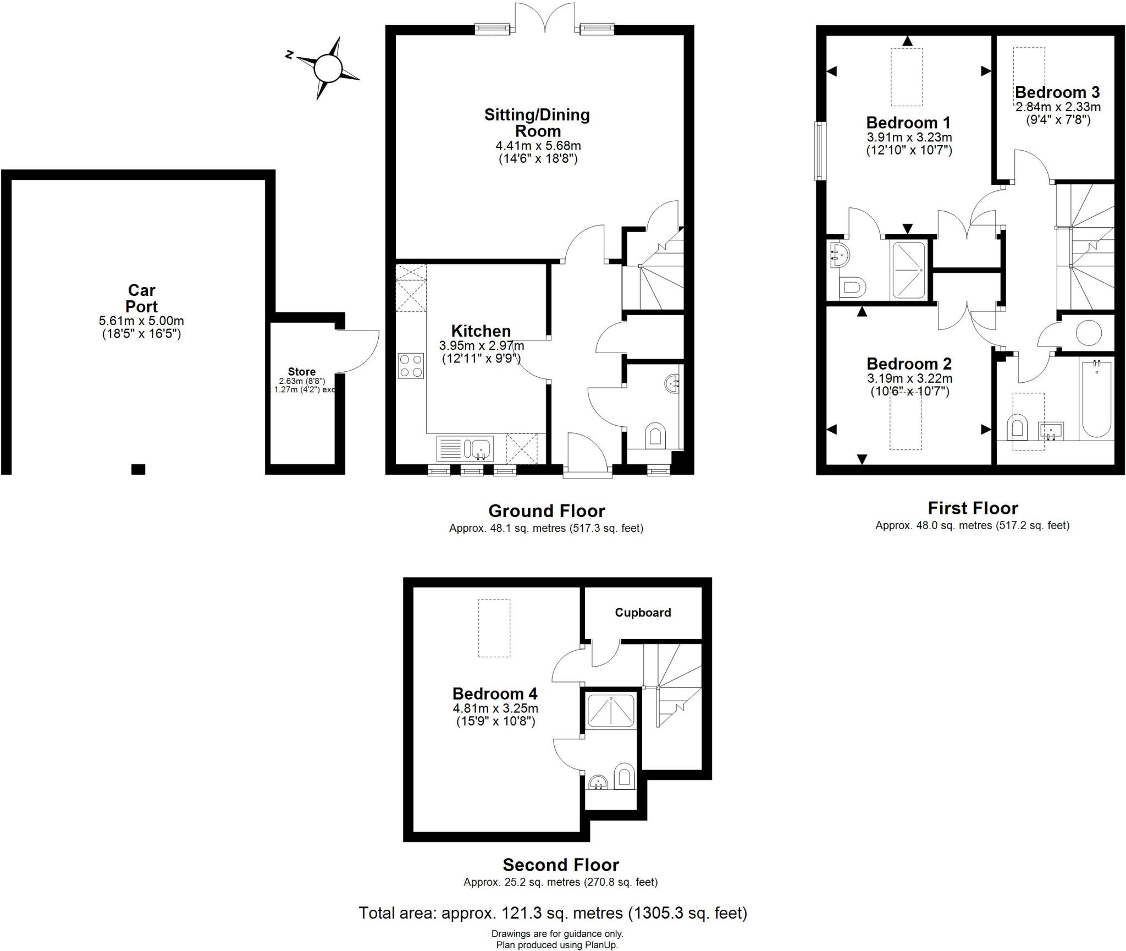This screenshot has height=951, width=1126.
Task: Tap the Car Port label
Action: tap(142, 298)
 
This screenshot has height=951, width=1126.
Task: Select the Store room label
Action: tap(301, 372)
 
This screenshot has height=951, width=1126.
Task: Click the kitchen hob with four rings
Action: tap(411, 366)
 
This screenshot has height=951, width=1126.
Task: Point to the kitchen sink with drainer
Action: tap(465, 448)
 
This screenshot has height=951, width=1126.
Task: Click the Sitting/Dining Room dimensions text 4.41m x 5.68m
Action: tap(538, 146)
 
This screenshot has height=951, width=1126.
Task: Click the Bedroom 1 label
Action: tap(908, 122)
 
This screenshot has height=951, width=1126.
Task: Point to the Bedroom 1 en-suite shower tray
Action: tap(909, 271)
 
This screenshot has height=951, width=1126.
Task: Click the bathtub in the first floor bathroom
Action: tap(1096, 399)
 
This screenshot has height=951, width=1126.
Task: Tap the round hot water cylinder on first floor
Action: tap(1089, 332)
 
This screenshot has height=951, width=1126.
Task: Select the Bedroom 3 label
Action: tap(1057, 92)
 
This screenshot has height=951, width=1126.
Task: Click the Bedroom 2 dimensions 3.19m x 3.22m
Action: tap(909, 378)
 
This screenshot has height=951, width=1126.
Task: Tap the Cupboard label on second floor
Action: tap(643, 613)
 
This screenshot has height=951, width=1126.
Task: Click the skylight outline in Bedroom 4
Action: tap(494, 628)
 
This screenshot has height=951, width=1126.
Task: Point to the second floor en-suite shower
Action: tap(611, 711)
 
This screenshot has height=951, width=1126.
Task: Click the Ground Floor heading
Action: tap(546, 511)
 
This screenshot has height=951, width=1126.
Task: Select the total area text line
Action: tap(553, 913)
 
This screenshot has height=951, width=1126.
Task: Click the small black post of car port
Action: tap(138, 469)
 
